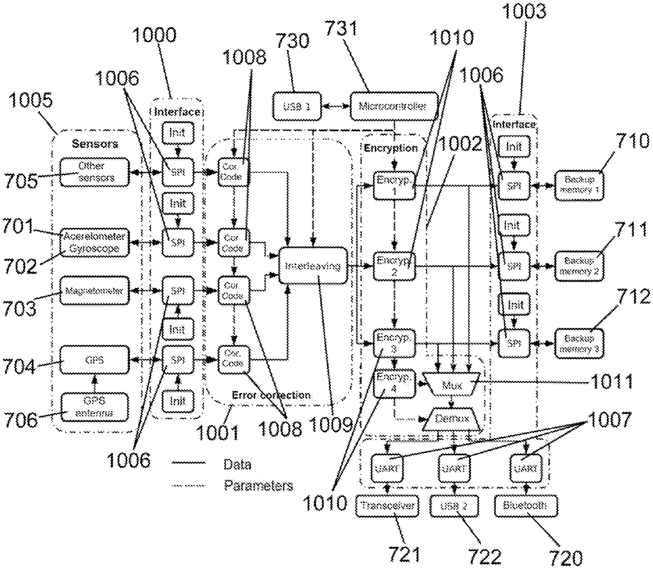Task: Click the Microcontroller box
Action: click(x=394, y=105)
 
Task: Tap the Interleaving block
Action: click(x=311, y=266)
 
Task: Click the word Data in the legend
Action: click(x=237, y=464)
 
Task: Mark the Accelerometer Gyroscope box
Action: click(x=95, y=242)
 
